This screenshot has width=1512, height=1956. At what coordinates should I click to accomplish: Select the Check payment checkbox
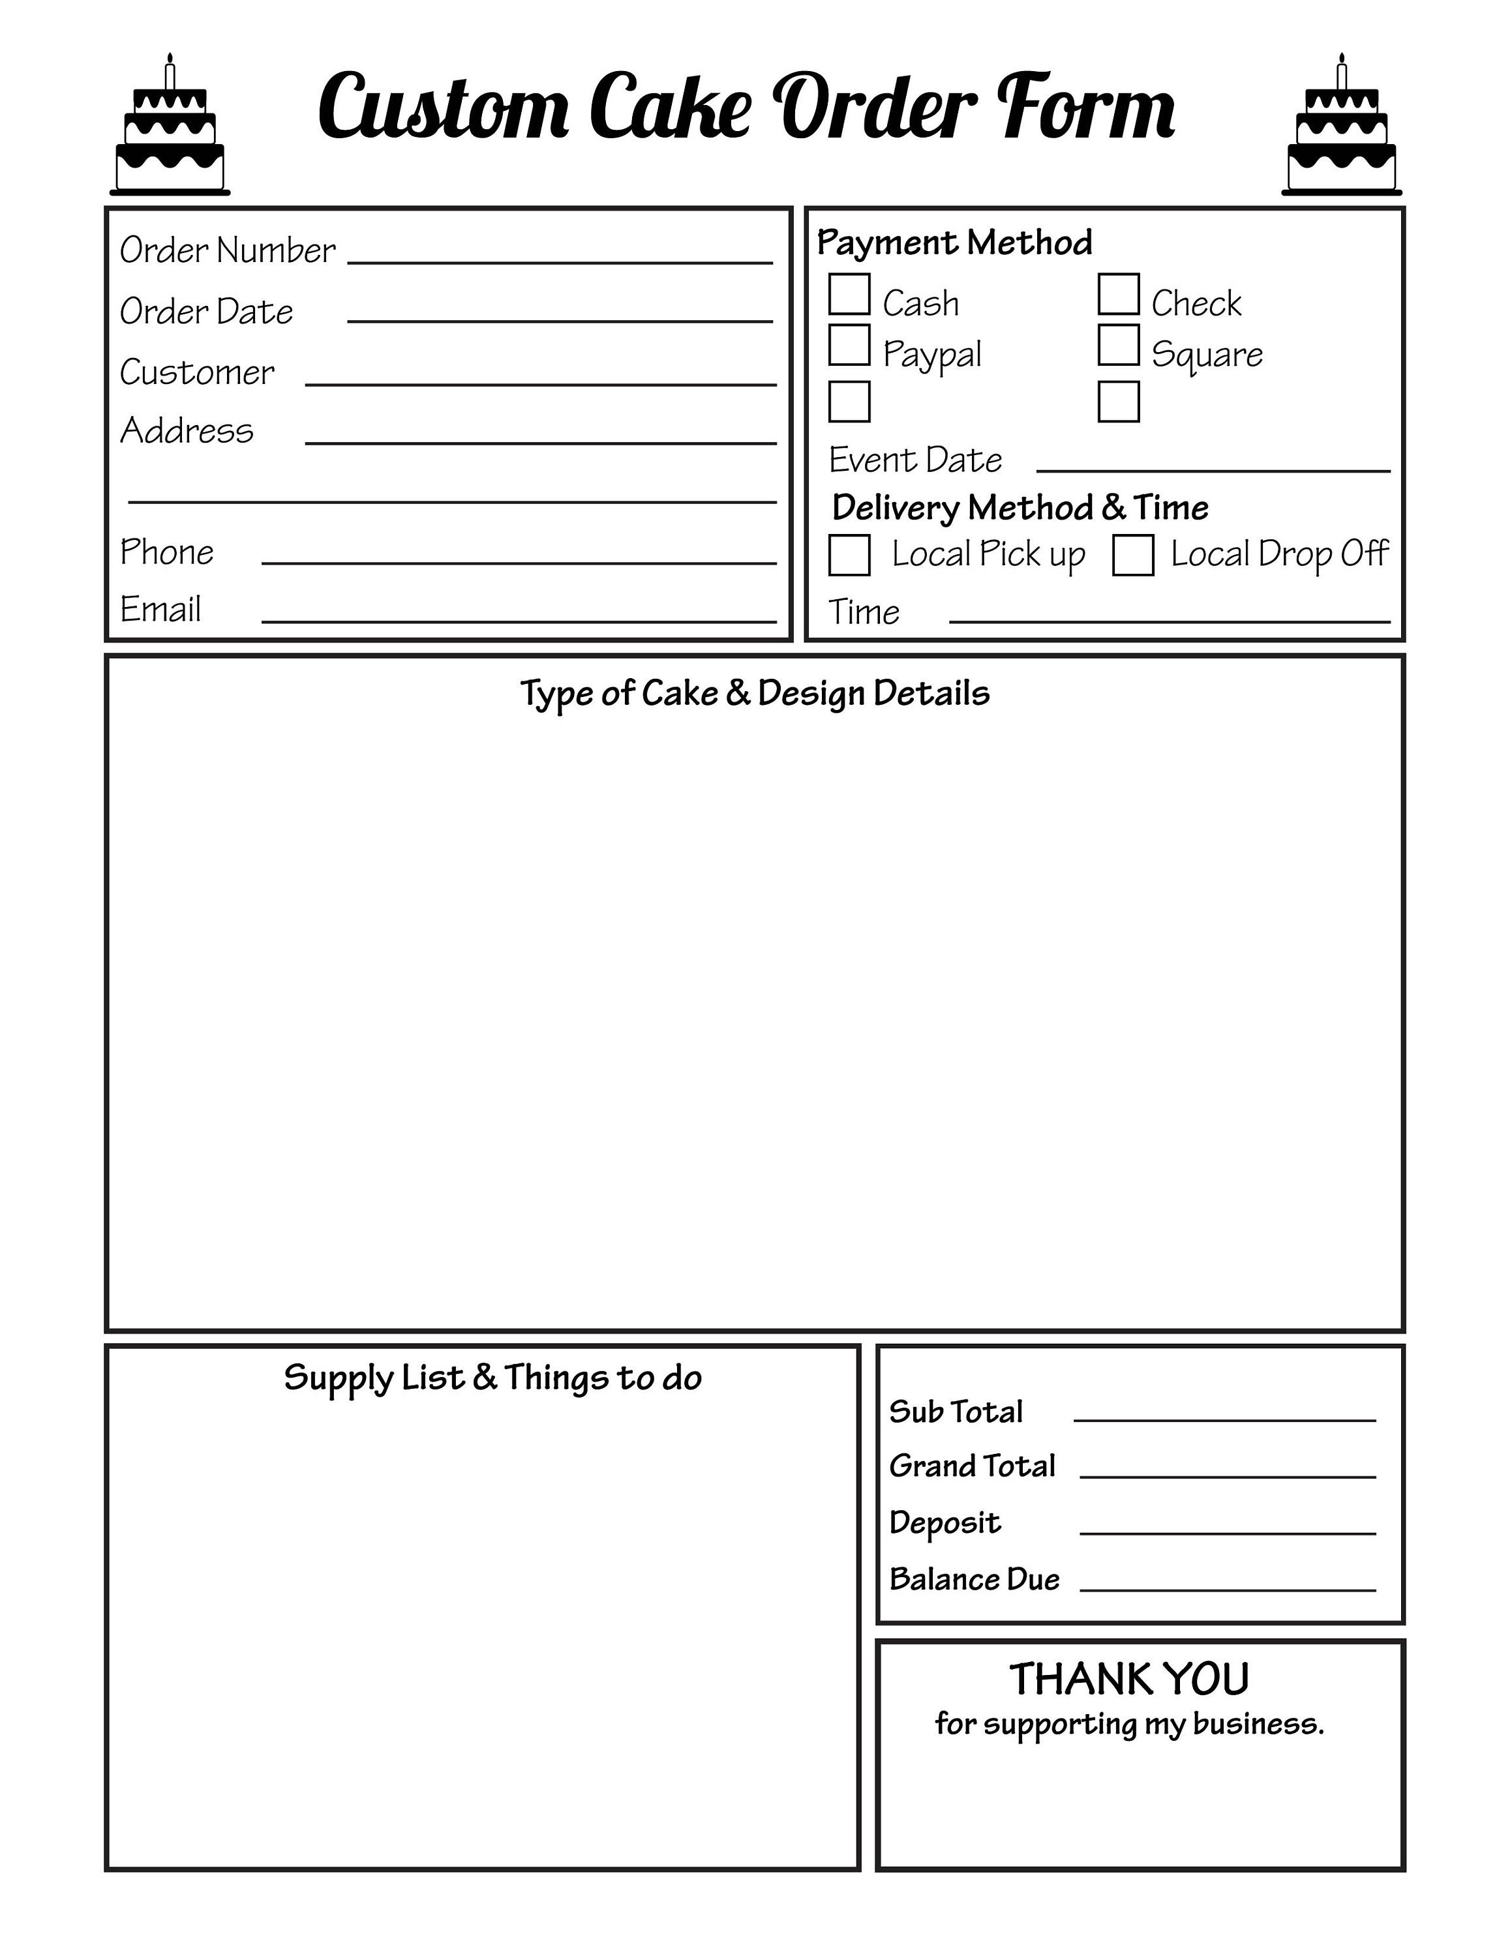pyautogui.click(x=1118, y=295)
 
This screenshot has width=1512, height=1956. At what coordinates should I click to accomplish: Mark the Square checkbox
pyautogui.click(x=1118, y=346)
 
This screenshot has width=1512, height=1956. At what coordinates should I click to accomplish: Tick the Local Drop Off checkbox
pyautogui.click(x=1132, y=556)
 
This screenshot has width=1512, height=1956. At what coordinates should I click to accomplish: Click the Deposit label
pyautogui.click(x=944, y=1522)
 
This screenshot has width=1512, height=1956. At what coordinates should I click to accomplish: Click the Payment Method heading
pyautogui.click(x=954, y=243)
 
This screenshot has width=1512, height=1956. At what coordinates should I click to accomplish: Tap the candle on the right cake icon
pyautogui.click(x=1341, y=72)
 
